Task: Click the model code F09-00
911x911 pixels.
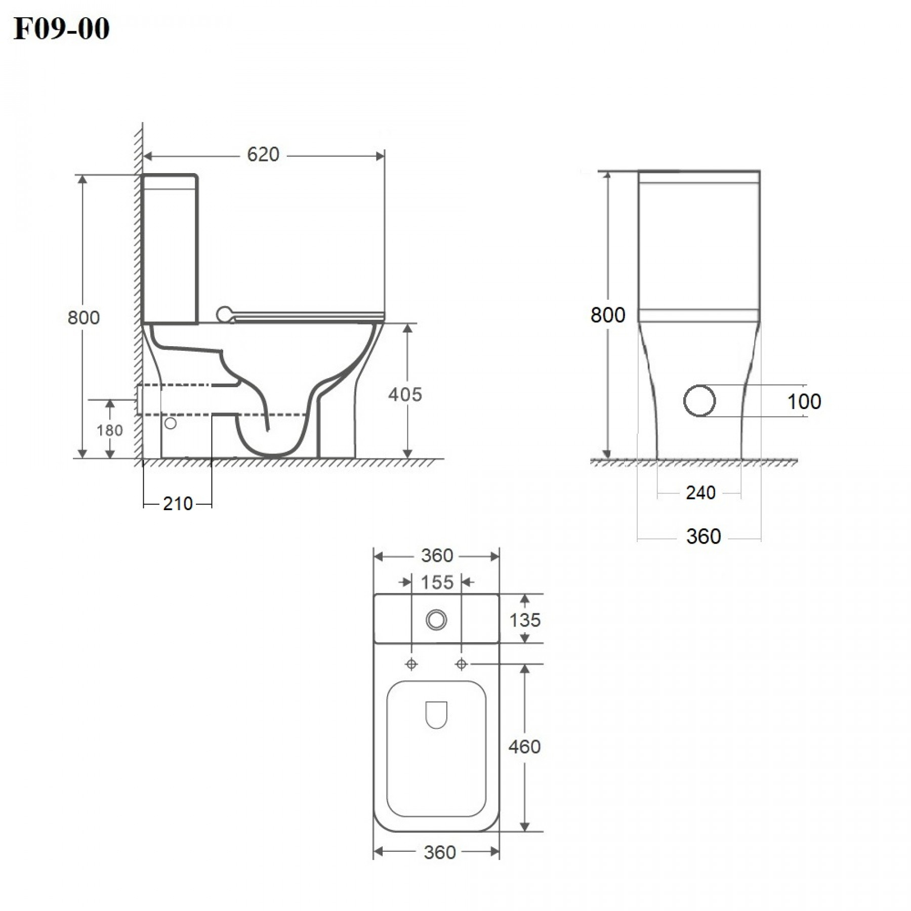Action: (x=61, y=28)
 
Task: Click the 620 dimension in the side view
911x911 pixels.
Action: (x=263, y=154)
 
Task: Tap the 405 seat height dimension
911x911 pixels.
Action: (x=405, y=394)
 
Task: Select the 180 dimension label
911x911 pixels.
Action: (x=110, y=430)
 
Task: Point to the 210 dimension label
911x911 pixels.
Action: (x=178, y=504)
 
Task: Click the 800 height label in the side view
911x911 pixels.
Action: (x=84, y=317)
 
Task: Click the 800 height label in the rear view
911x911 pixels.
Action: (x=608, y=315)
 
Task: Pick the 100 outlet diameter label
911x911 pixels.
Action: (x=804, y=401)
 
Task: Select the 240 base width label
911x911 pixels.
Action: (x=700, y=492)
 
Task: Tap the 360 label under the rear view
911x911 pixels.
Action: (x=703, y=536)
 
